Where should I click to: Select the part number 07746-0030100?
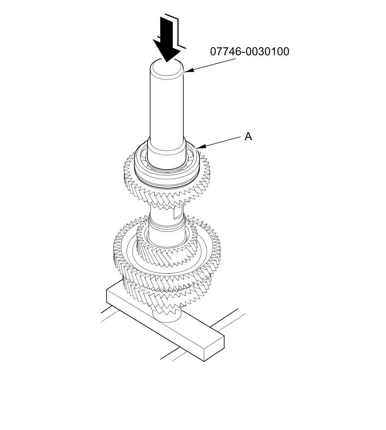250,52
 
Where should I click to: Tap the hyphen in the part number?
243,52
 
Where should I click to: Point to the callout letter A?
248,136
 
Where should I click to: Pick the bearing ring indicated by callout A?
167,177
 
